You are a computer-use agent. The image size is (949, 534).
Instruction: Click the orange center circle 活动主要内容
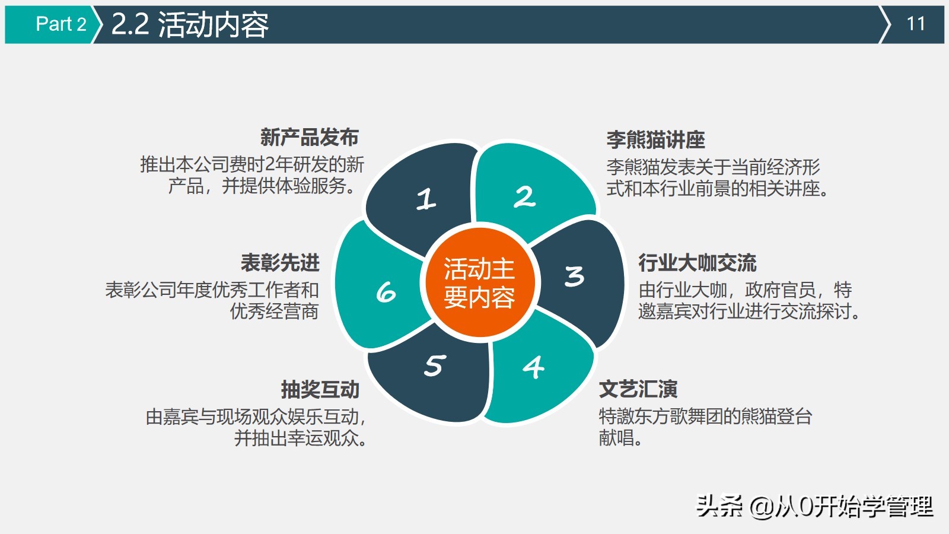point(479,282)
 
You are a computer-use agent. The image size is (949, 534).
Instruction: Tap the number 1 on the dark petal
point(426,199)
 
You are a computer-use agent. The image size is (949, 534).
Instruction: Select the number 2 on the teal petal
point(525,197)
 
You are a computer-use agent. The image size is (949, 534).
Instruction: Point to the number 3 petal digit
point(574,276)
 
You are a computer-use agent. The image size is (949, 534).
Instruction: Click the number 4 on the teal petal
point(534,367)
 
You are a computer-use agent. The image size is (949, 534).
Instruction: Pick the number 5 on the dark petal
point(435,365)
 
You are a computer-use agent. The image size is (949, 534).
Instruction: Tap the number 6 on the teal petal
point(386,292)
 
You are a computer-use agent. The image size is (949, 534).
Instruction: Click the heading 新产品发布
point(309,138)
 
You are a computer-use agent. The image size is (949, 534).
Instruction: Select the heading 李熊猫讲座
point(655,140)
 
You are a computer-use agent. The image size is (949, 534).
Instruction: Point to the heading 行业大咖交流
point(697,262)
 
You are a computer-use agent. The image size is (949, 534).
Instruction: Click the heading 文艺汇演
point(638,389)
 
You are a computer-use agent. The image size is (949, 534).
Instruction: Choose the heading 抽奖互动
point(320,389)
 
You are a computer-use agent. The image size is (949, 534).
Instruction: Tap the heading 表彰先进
point(280,262)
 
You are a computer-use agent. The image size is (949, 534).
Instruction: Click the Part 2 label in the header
point(60,24)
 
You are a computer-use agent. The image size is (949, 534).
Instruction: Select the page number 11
point(916,24)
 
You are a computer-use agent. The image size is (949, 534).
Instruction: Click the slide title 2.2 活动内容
point(190,24)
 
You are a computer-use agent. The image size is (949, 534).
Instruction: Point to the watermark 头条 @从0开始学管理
point(814,506)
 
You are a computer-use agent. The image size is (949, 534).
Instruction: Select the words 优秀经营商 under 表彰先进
point(274,311)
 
